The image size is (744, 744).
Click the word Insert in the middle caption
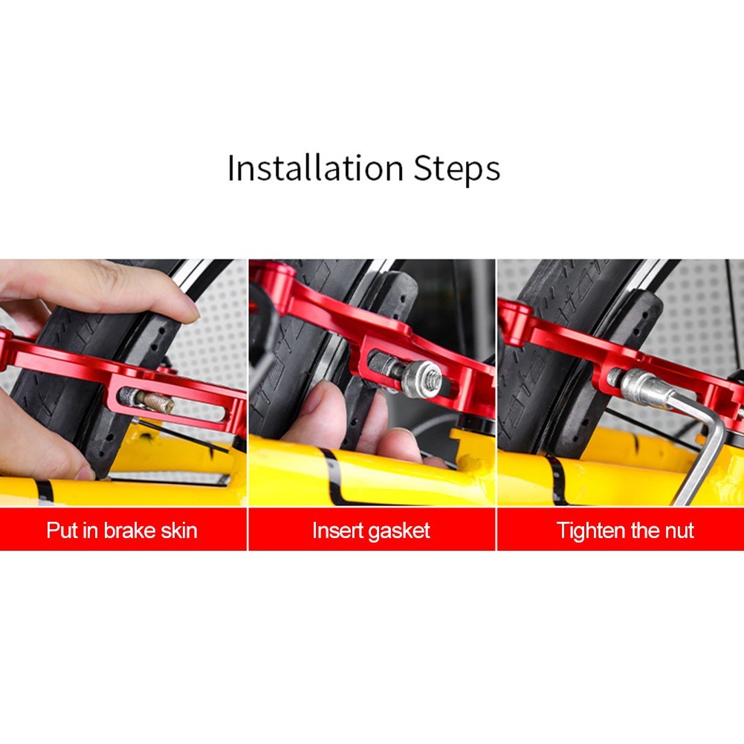pos(334,531)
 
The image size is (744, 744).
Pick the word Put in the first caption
pos(62,531)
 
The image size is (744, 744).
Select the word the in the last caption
pos(644,531)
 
